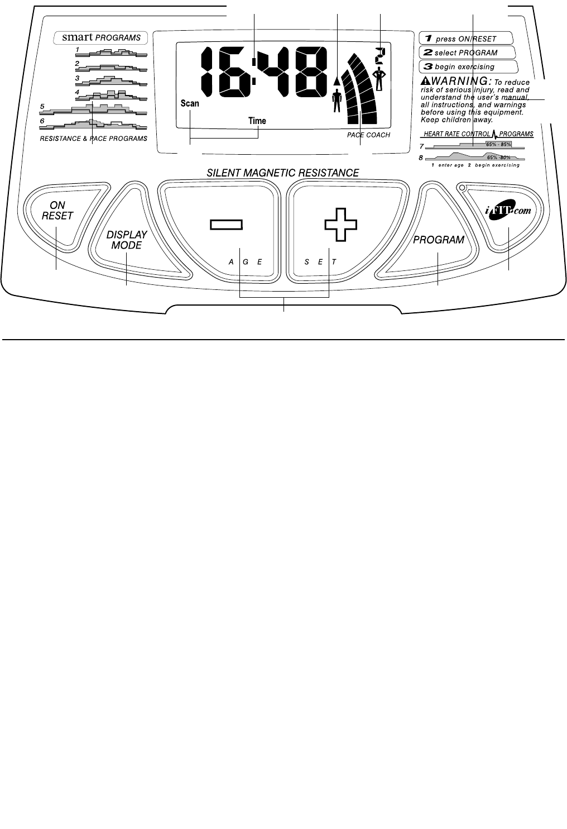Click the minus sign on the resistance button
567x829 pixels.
[227, 225]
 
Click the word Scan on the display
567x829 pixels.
[190, 103]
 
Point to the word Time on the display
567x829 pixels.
[257, 121]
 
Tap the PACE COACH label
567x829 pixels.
[368, 135]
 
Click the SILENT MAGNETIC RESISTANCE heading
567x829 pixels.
[283, 173]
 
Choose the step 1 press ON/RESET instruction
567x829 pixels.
[466, 39]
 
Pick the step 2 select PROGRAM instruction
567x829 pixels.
[466, 53]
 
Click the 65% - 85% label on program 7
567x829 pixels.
[498, 144]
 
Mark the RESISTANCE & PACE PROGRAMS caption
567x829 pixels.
[93, 139]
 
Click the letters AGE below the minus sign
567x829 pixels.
[245, 261]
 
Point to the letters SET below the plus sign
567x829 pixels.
[320, 261]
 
